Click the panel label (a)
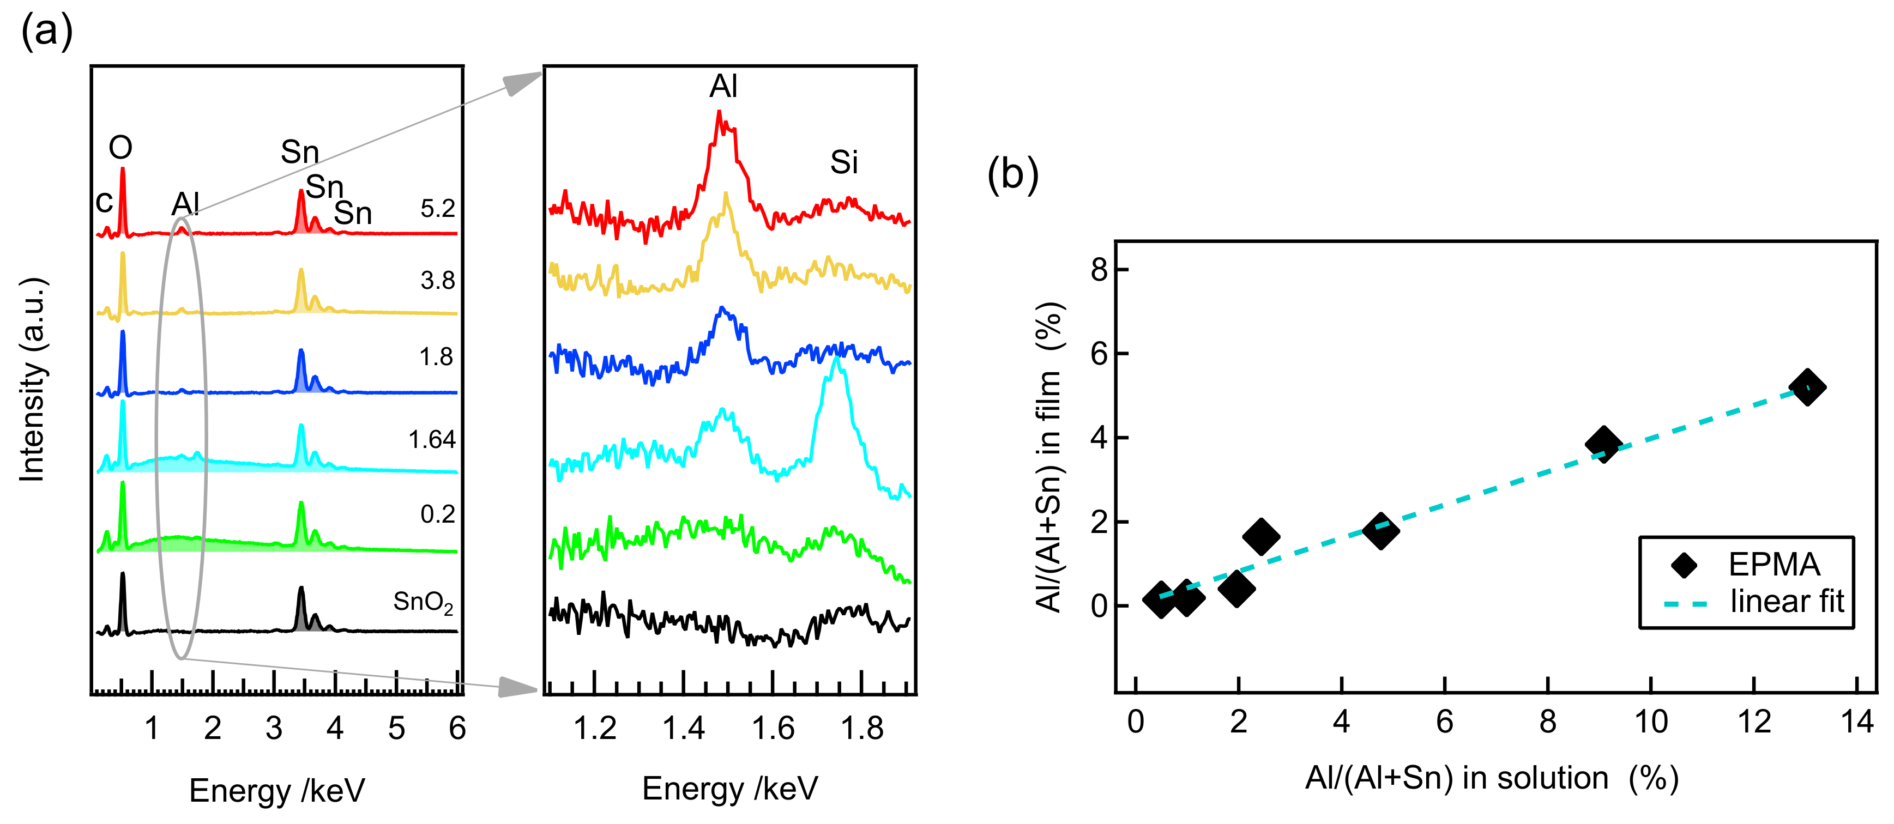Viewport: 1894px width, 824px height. point(46,32)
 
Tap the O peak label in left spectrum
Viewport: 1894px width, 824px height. point(120,148)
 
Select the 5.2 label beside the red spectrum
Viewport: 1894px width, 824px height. point(437,209)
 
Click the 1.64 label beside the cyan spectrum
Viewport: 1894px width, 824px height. point(432,440)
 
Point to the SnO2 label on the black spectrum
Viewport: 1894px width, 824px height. point(423,602)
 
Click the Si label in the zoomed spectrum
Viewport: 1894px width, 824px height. point(844,162)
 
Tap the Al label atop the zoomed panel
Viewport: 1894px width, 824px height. point(723,87)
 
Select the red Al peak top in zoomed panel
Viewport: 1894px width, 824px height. point(719,114)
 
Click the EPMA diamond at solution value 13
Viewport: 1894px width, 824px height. point(1808,387)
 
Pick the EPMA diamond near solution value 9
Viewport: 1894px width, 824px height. point(1603,444)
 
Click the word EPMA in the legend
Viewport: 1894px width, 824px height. point(1774,565)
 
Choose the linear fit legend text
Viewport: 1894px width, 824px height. point(1787,601)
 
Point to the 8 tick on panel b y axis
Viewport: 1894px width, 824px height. point(1099,270)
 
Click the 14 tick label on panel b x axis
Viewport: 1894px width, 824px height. point(1856,722)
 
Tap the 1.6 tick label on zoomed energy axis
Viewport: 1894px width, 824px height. point(773,729)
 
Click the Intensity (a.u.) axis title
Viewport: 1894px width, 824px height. point(32,380)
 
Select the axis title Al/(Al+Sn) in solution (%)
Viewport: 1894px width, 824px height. point(1492,778)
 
